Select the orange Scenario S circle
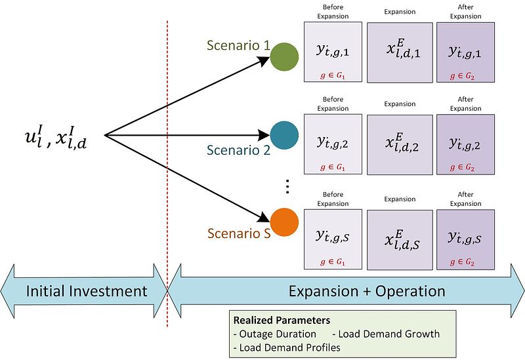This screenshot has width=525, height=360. tap(283, 222)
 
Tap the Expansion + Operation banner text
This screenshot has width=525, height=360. tap(367, 291)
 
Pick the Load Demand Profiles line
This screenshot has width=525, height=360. tap(287, 348)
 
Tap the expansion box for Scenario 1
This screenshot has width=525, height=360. tap(400, 52)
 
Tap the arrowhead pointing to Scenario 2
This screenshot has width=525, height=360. tap(264, 136)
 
